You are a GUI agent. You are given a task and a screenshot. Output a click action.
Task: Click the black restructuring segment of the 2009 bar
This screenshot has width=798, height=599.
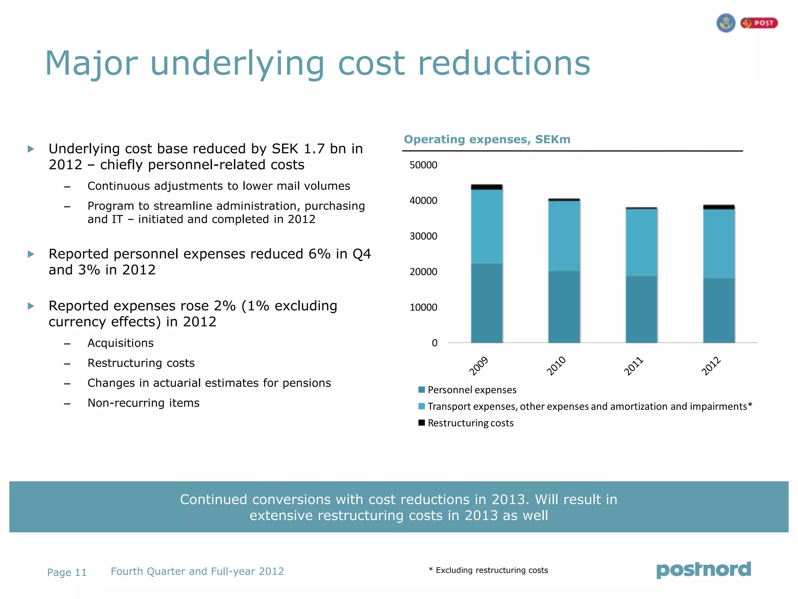pos(487,187)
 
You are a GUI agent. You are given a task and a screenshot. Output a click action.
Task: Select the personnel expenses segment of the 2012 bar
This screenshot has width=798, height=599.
pos(719,310)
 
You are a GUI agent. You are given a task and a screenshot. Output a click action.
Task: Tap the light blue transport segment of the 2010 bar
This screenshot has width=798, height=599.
pos(564,236)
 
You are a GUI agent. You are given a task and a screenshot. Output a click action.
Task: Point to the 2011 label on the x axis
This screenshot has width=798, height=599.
pos(634,366)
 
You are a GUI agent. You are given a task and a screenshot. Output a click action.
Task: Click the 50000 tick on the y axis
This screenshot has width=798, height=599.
pos(423,165)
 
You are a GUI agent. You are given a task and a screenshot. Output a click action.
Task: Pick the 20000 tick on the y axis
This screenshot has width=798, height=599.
pos(423,272)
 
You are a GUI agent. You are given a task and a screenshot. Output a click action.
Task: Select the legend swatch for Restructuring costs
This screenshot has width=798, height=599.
pos(421,423)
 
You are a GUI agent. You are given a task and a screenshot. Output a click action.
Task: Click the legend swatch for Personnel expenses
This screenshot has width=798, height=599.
pos(421,390)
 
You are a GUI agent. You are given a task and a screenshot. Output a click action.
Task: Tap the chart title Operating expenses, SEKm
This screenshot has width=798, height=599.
pos(487,139)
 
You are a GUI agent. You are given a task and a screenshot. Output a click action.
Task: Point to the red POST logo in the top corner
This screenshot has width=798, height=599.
pos(759,23)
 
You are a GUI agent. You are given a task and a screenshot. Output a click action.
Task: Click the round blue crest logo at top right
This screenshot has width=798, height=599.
pos(726,23)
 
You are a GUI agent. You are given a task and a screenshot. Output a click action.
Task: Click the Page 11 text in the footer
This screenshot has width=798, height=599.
pos(67,572)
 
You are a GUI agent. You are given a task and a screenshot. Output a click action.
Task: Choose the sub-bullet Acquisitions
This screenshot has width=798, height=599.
pos(120,343)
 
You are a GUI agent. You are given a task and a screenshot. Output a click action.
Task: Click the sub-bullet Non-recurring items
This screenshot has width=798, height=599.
pos(143,403)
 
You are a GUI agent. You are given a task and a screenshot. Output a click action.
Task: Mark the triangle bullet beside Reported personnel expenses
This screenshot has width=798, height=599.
pos(31,254)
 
